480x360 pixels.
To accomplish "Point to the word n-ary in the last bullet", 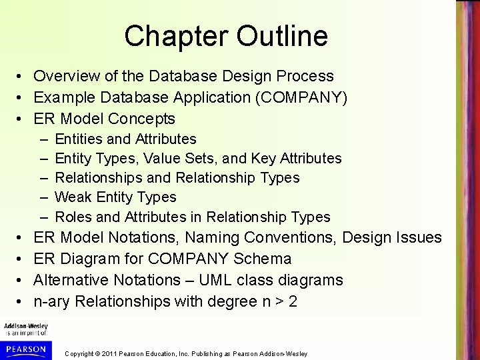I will coord(52,301).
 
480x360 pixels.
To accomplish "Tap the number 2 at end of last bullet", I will coord(293,301).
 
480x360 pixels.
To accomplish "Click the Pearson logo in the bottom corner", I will coord(25,349).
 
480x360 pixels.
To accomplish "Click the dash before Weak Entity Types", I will coord(43,197).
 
